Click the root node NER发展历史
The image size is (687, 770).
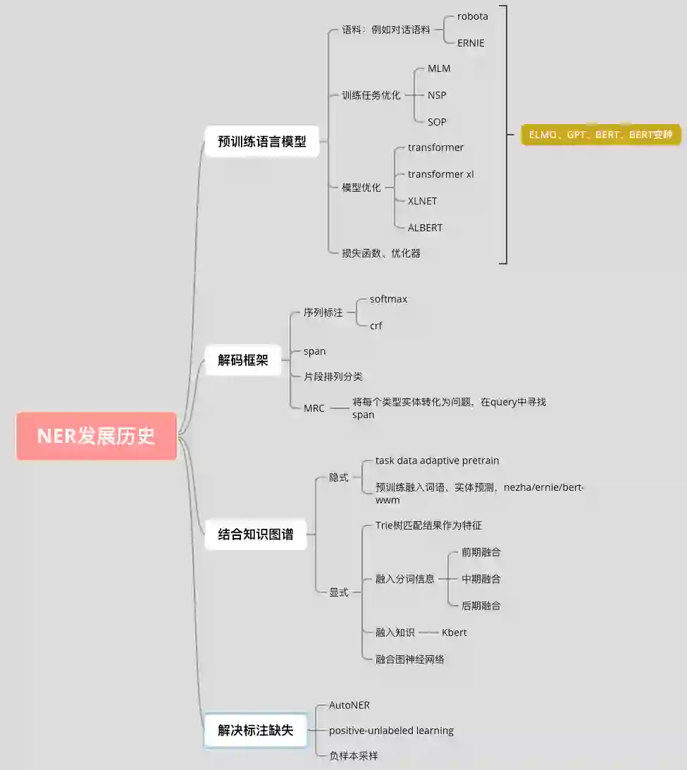[x=97, y=436]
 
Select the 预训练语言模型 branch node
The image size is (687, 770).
[x=262, y=141]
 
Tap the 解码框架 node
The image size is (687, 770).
[x=243, y=360]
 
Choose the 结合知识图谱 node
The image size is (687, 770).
[x=256, y=534]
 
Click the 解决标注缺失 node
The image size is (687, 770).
[x=256, y=731]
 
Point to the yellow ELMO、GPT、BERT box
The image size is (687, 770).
[x=601, y=135]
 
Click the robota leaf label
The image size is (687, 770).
[x=472, y=16]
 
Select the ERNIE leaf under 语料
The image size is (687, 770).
[x=471, y=43]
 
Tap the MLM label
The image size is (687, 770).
[x=438, y=68]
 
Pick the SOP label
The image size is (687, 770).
[x=437, y=122]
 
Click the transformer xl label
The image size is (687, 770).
[x=440, y=174]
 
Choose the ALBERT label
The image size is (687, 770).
[x=425, y=228]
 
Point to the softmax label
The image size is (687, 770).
[x=388, y=299]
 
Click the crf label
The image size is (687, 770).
[x=376, y=326]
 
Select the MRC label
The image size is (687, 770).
[x=314, y=408]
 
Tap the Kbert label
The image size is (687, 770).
[x=454, y=632]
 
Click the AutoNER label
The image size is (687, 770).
[x=349, y=705]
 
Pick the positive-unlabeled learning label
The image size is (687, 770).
[x=391, y=731]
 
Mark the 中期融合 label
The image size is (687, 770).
[x=481, y=579]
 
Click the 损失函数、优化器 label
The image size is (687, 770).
[x=381, y=253]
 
